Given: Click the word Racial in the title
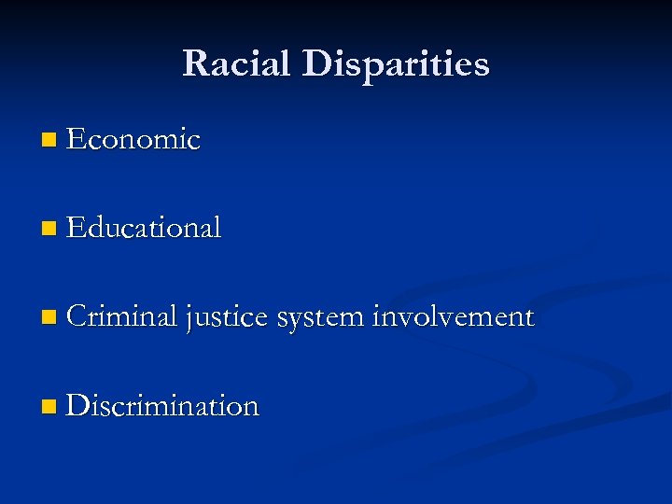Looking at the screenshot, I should pos(235,63).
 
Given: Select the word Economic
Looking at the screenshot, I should pos(133,140).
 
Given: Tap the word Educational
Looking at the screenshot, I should pos(144,228).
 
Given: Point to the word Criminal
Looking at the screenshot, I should pos(122,317).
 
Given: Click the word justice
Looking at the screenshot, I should pos(228,318).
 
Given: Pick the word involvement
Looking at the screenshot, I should pos(453,317).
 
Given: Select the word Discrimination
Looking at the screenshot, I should pos(162,406).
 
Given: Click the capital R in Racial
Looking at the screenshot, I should pos(195,63).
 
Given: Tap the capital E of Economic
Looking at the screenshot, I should pos(76,140).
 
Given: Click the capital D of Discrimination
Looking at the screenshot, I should pos(77,406).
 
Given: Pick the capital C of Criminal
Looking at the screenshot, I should pos(77,317).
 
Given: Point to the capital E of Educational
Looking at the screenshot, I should pos(76,228).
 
